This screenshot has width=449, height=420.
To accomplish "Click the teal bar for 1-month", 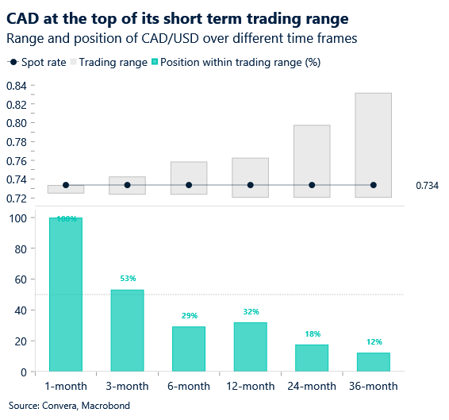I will pyautogui.click(x=66, y=294).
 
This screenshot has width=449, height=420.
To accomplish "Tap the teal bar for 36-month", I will pyautogui.click(x=373, y=362).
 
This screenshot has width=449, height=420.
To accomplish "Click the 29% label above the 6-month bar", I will pyautogui.click(x=189, y=316).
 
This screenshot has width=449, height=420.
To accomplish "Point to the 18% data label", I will pyautogui.click(x=312, y=334).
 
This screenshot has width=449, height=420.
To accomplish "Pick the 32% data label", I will pyautogui.click(x=250, y=312).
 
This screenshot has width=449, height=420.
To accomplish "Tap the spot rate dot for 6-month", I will pyautogui.click(x=189, y=185).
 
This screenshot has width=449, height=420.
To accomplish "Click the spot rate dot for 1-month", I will pyautogui.click(x=66, y=185).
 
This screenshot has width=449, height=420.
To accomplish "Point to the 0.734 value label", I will pyautogui.click(x=427, y=186).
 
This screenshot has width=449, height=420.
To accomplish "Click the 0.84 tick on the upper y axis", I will pyautogui.click(x=17, y=86).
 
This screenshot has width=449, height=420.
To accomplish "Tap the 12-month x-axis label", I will pyautogui.click(x=250, y=386).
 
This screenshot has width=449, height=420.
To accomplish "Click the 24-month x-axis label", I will pyautogui.click(x=312, y=386).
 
